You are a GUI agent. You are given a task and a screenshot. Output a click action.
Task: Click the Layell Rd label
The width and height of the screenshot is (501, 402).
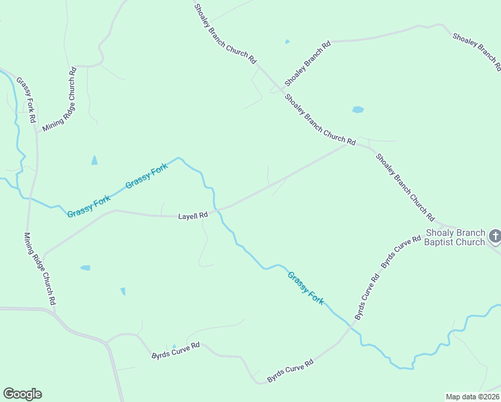pos(193,216)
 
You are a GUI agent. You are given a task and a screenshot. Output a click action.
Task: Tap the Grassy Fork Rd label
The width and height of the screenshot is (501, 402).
pos(25,100)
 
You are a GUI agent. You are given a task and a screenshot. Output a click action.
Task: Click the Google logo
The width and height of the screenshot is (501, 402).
pos(22,394)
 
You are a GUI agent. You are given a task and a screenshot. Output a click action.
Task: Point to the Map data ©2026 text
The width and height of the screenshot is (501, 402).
pos(472,397)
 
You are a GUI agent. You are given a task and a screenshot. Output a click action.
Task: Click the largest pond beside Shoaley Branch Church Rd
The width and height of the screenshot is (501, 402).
pos(358,109)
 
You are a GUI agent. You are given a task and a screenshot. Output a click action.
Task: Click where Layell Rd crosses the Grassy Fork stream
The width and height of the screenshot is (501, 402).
pos(216,209)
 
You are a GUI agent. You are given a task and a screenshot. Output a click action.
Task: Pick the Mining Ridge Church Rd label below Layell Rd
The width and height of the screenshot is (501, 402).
pos(40,269)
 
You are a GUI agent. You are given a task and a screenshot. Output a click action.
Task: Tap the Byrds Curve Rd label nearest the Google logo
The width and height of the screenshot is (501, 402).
pos(176,352)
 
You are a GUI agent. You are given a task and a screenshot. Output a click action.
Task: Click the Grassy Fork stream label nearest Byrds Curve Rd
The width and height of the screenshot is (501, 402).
pos(306,288)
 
